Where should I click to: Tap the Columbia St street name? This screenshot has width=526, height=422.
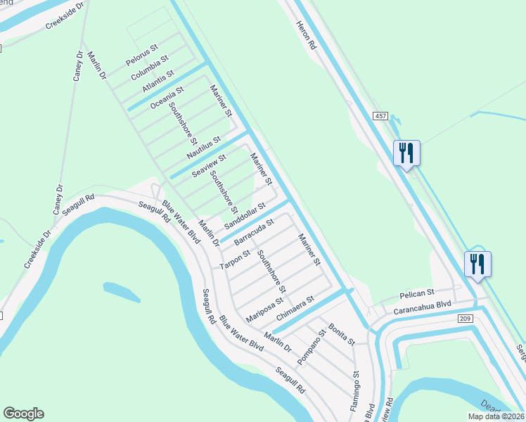149,67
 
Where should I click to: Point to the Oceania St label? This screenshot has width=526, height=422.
167,96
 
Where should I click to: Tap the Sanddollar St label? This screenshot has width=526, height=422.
244,215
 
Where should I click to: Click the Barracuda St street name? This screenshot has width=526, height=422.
253,231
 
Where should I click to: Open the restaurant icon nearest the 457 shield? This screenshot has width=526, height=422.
406,153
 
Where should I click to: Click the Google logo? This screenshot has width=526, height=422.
23,414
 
